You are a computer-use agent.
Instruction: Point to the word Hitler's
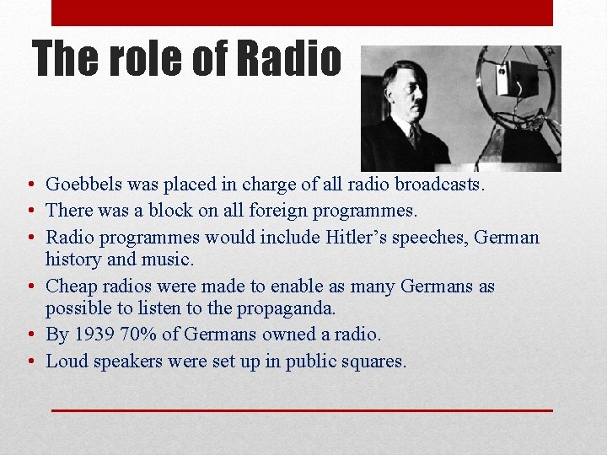click(x=358, y=237)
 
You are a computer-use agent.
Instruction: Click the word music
click(x=167, y=260)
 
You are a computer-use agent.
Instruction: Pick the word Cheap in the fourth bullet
click(x=70, y=286)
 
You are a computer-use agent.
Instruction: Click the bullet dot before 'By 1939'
click(x=30, y=335)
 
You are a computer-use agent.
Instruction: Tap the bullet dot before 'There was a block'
click(x=30, y=211)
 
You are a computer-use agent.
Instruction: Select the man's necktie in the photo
click(x=414, y=135)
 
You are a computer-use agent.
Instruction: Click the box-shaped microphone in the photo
click(x=517, y=78)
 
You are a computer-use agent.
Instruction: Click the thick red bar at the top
click(x=302, y=13)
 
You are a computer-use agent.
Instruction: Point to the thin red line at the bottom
click(x=302, y=409)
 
